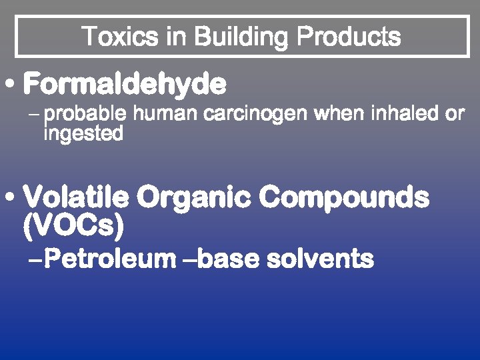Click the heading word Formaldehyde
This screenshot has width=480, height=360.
click(125, 85)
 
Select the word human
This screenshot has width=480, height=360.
click(165, 114)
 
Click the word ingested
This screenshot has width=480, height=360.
click(83, 133)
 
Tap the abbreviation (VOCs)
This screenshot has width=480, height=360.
click(73, 227)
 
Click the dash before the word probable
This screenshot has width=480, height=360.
click(34, 115)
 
